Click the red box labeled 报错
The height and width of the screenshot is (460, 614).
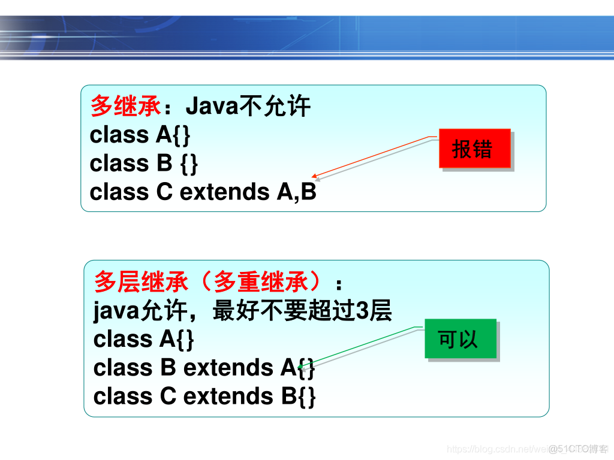(474, 149)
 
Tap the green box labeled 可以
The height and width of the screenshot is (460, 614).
(460, 339)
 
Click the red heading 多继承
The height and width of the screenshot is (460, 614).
(125, 107)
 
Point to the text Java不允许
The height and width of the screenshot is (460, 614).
(248, 107)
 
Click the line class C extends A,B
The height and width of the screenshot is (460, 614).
(203, 192)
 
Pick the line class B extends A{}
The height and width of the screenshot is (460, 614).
(204, 368)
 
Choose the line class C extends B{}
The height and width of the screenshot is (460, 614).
(204, 396)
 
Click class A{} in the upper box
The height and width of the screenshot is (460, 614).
(140, 135)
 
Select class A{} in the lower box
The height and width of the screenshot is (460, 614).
(144, 340)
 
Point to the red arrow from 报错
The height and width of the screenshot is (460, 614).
(372, 158)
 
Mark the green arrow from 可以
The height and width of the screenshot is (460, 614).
(360, 347)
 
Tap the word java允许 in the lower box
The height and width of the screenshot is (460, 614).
(139, 311)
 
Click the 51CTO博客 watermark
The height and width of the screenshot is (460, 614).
(578, 449)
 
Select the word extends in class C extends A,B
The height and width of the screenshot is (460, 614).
(225, 192)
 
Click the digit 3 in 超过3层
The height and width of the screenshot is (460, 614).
(362, 311)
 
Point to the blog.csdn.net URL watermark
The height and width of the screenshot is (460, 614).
(498, 449)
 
